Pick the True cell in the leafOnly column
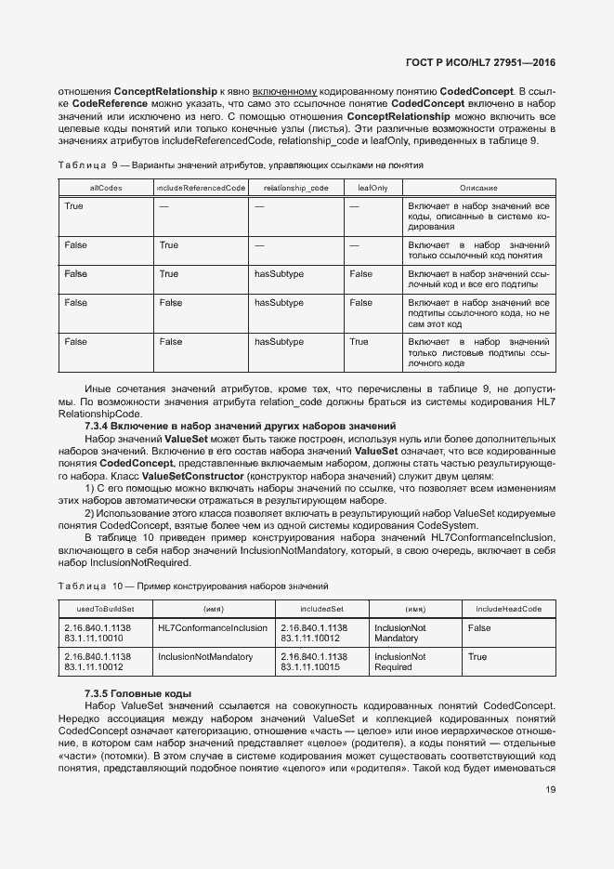point(359,342)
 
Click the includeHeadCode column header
point(509,609)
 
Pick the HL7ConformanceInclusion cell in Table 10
point(213,628)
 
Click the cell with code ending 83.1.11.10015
point(313,667)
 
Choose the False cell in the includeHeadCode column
point(479,628)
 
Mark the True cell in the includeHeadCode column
point(477,657)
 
